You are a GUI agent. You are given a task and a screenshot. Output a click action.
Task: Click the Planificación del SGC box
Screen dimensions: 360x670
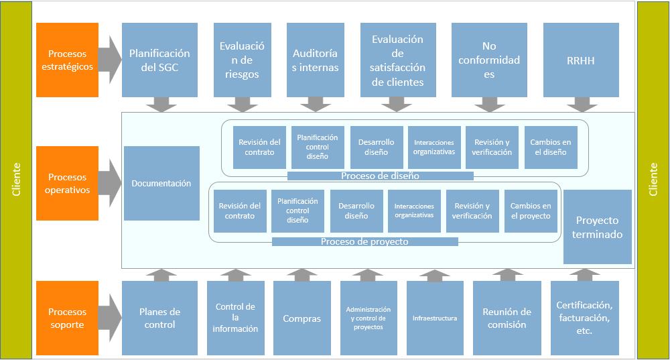159,60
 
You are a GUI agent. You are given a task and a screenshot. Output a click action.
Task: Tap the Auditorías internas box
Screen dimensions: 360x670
316,60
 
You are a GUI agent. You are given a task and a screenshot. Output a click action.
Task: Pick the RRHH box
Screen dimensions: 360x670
580,60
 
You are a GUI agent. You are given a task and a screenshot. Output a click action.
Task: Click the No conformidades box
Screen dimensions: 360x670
489,60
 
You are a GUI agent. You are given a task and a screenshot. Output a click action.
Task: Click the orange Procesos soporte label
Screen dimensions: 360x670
67,318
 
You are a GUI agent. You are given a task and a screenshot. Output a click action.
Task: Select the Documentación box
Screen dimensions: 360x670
161,183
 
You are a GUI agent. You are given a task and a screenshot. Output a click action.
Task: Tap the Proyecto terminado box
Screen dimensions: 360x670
598,227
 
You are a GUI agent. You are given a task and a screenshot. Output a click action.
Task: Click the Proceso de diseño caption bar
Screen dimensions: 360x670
380,176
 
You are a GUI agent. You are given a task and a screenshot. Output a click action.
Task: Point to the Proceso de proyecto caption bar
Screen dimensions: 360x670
364,241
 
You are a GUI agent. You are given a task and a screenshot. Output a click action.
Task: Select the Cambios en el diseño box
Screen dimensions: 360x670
550,147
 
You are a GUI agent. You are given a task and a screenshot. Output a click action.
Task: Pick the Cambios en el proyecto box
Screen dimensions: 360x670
531,211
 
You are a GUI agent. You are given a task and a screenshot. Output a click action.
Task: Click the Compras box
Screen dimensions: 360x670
301,318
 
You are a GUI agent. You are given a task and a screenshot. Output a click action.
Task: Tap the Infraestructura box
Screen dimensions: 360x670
435,318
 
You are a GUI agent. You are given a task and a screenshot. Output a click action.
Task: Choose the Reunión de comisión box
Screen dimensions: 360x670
507,318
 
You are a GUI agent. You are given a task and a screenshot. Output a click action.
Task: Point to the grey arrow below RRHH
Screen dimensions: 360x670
582,105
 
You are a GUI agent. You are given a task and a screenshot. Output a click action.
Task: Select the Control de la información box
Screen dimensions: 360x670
235,318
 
